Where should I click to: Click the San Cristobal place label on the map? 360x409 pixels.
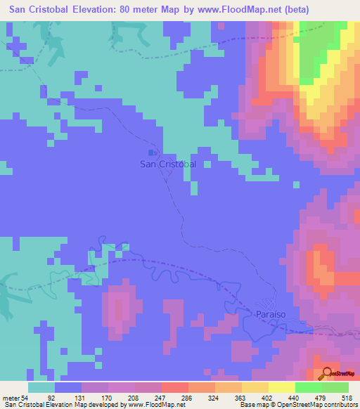tap(167, 164)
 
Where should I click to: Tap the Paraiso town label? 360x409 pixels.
tap(270, 316)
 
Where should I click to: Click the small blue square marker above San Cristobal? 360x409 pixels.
tap(151, 152)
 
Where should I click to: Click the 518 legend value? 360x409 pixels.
tap(347, 398)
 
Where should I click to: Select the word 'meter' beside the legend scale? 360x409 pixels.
tap(12, 398)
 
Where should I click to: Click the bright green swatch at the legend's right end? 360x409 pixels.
tap(335, 387)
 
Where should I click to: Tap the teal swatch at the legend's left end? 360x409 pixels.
tap(41, 387)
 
